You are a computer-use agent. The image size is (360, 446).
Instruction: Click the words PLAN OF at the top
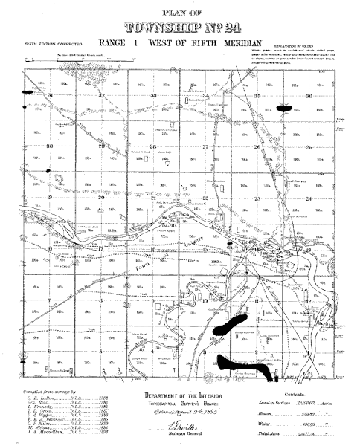(x=180, y=11)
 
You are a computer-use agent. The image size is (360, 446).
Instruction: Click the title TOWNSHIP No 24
(x=180, y=28)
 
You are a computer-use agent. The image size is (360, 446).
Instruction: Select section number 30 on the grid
(x=50, y=146)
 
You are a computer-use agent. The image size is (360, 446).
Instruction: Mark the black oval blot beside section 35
(x=285, y=108)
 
